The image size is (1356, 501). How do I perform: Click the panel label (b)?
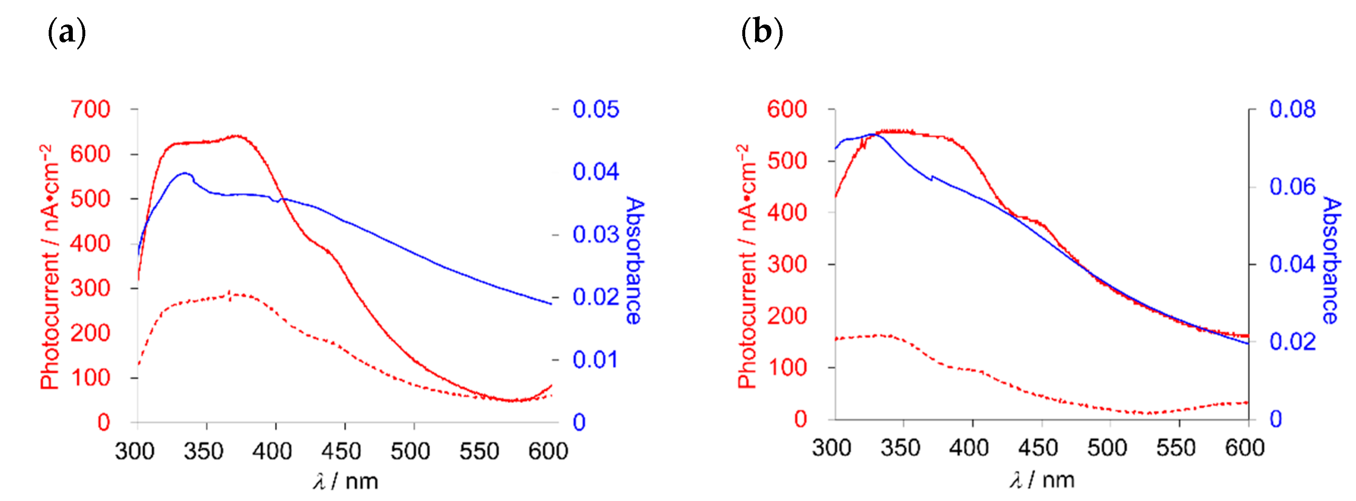[762, 32]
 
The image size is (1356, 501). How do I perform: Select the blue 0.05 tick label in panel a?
[595, 109]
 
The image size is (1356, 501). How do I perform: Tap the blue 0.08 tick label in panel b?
[1292, 109]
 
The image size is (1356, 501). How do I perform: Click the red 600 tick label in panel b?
[786, 109]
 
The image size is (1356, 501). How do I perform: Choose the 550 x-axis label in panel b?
[1175, 448]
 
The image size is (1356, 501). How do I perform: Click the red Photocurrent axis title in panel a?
[50, 268]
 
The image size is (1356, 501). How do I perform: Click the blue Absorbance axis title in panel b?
[1332, 260]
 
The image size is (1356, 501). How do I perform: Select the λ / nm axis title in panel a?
[346, 481]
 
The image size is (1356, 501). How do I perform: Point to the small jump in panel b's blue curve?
[932, 178]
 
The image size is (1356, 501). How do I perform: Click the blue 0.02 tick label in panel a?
[595, 297]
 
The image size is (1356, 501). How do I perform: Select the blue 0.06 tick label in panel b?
[1292, 187]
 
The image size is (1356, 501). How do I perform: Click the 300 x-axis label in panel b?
[831, 448]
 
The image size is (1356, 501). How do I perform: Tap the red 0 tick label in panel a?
[103, 422]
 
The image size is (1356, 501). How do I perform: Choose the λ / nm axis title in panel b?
[1042, 480]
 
